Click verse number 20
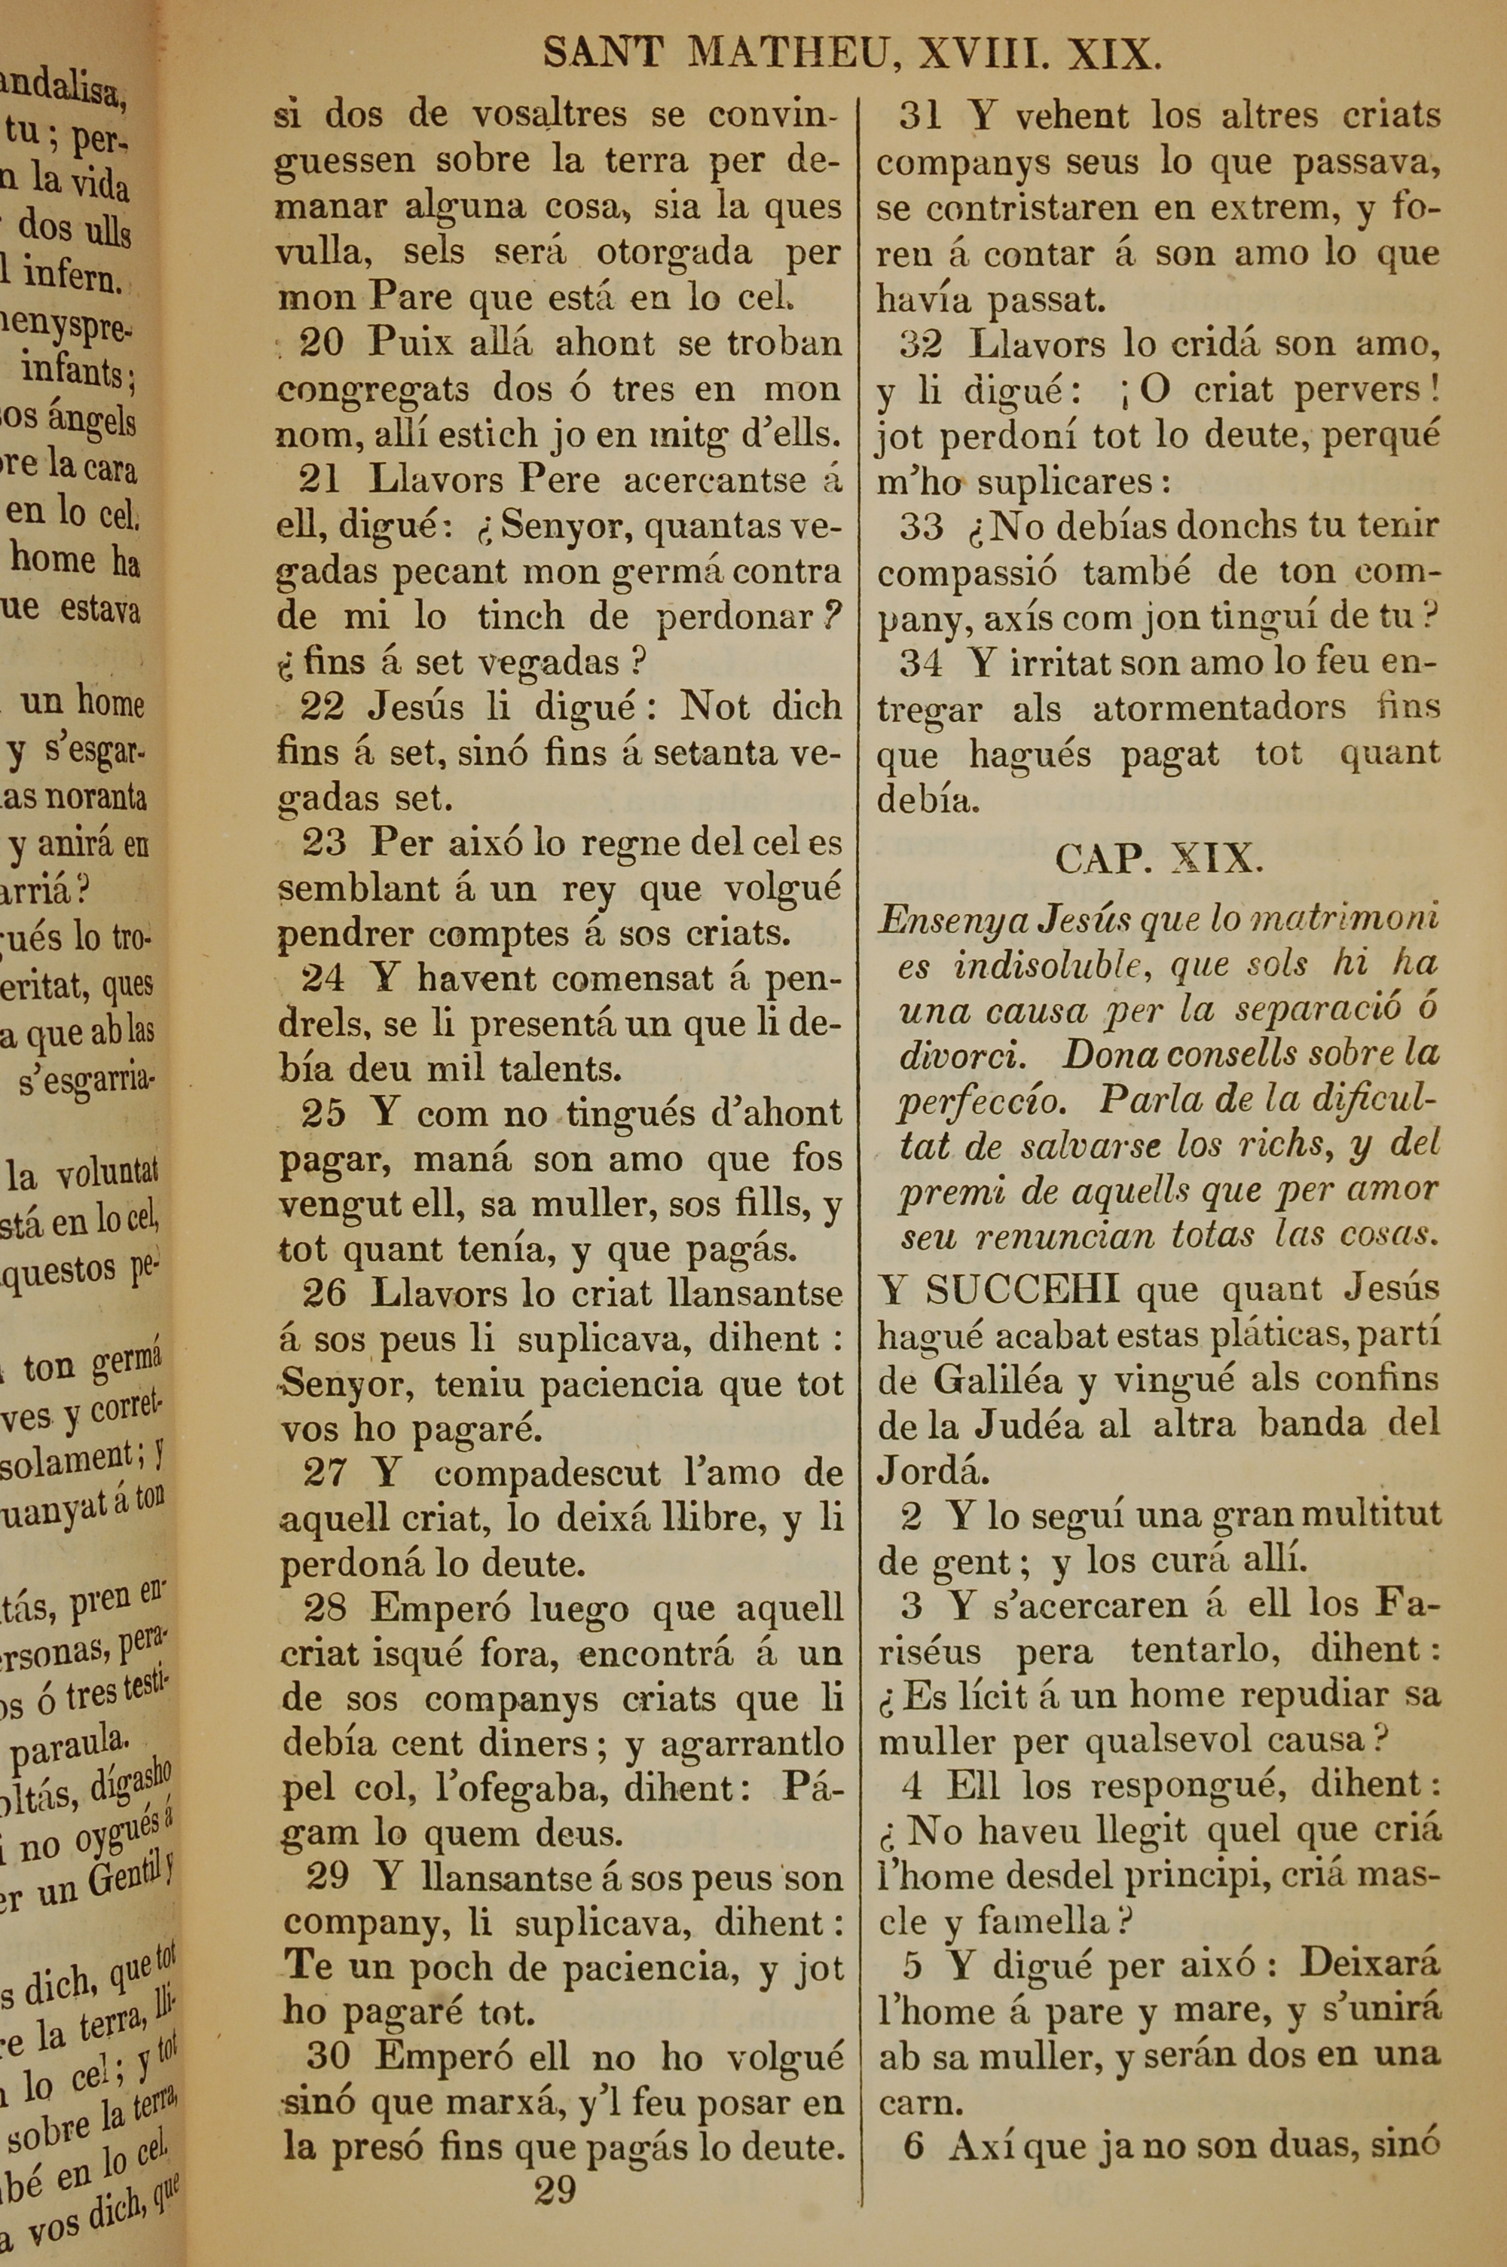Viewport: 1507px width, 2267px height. [322, 343]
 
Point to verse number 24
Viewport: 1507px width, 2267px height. [324, 978]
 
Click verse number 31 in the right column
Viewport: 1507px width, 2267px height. [920, 116]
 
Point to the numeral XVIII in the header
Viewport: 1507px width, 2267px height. [983, 55]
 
